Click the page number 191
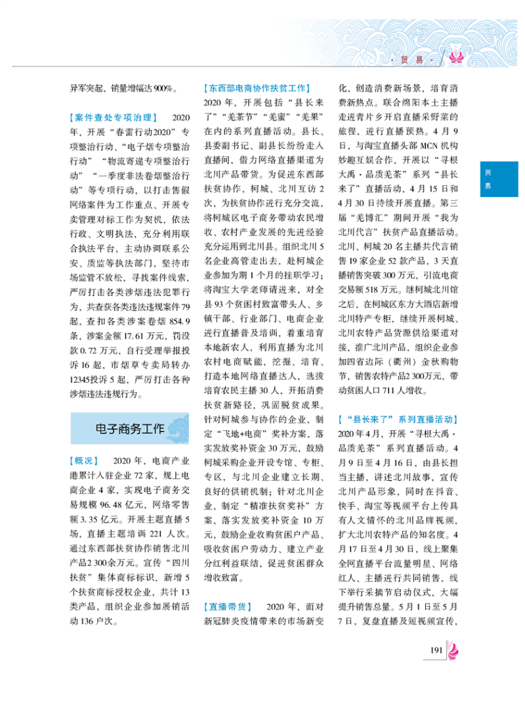pyautogui.click(x=434, y=650)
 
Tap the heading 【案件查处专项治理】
pyautogui.click(x=111, y=118)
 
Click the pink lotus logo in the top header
pyautogui.click(x=455, y=58)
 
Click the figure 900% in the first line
pyautogui.click(x=162, y=87)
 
